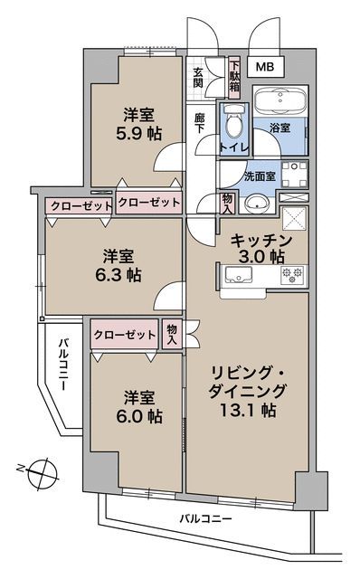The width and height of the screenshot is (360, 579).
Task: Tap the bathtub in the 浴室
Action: coord(279,102)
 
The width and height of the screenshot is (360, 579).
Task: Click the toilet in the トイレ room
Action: coord(234,119)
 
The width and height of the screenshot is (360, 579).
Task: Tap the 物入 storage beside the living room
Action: coord(172,335)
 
